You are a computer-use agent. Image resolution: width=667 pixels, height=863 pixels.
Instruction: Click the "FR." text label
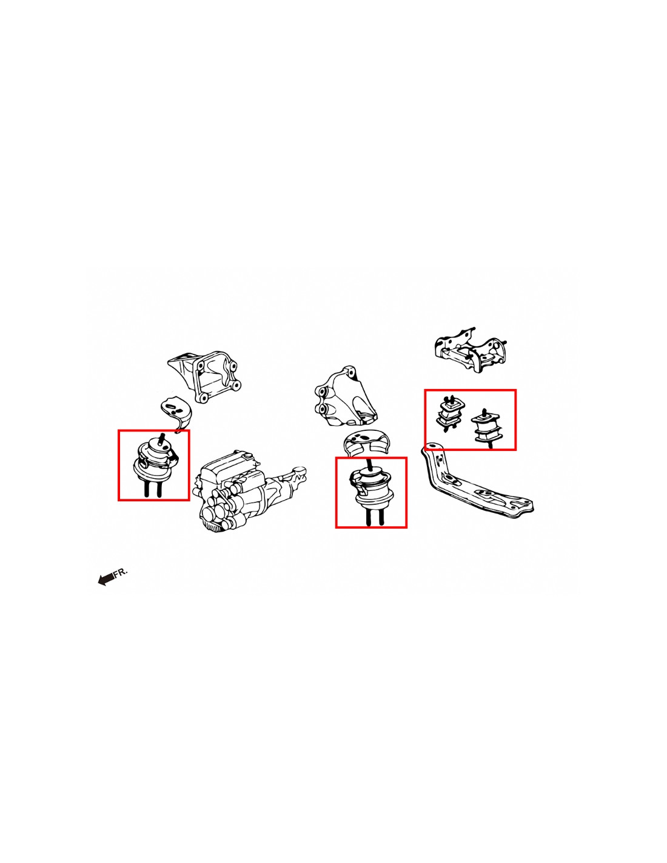[x=120, y=572]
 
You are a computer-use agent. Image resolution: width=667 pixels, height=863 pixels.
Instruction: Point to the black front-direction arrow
[x=106, y=579]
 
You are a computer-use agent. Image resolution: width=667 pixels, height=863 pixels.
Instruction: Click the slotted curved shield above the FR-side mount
[x=176, y=411]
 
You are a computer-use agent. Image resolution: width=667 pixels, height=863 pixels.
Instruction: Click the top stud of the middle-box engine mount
[x=369, y=464]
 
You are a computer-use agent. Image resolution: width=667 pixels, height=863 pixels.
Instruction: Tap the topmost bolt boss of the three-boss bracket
[x=349, y=372]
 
